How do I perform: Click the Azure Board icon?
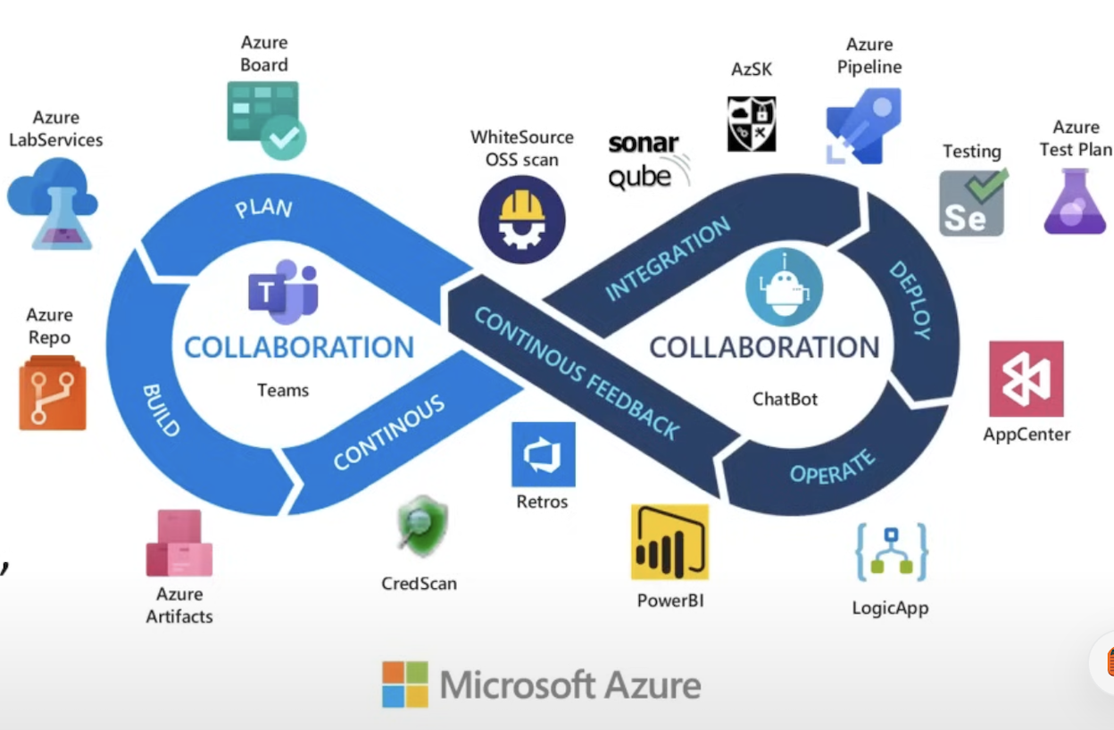pos(265,119)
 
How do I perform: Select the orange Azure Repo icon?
pos(53,393)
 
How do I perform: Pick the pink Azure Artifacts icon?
pos(179,543)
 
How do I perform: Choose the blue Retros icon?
pos(543,454)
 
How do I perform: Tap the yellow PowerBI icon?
pos(669,542)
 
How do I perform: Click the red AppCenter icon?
pos(1026,378)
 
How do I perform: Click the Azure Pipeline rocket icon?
pos(862,126)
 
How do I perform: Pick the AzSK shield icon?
pos(752,124)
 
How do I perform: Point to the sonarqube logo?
pos(647,161)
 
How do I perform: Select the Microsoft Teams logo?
pos(283,292)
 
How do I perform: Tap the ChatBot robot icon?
pos(784,287)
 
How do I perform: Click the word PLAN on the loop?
pos(263,208)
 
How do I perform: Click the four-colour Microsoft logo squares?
pos(405,684)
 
